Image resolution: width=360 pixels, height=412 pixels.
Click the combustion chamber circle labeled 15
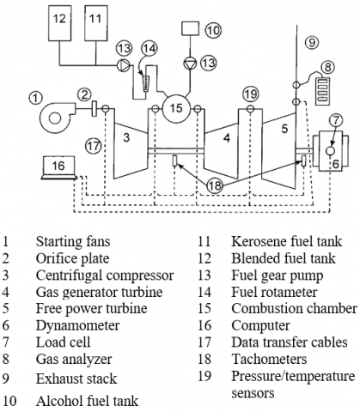click(176, 108)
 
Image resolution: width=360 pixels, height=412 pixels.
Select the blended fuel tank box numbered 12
click(59, 23)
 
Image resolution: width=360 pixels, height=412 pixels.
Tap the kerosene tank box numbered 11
click(96, 23)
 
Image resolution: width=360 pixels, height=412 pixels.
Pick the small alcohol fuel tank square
click(191, 29)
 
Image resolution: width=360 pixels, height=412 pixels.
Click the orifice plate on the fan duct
click(94, 109)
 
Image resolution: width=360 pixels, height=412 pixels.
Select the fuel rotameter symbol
click(147, 83)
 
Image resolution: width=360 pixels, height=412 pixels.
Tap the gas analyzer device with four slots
click(322, 91)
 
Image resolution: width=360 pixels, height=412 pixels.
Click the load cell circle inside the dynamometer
click(330, 150)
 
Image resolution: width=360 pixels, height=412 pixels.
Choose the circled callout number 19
click(251, 94)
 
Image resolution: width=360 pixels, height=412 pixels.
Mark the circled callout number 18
click(215, 185)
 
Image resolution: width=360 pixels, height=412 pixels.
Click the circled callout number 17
click(94, 146)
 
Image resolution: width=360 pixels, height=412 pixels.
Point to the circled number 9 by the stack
click(312, 43)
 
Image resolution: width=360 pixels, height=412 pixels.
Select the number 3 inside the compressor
click(126, 137)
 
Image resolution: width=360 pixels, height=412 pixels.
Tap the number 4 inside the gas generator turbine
click(227, 138)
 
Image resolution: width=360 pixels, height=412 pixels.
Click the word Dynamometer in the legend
click(77, 325)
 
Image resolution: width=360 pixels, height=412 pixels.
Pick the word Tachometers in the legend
click(269, 360)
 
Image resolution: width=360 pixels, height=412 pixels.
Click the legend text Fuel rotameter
click(274, 292)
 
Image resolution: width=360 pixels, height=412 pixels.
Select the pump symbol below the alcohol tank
click(189, 64)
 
